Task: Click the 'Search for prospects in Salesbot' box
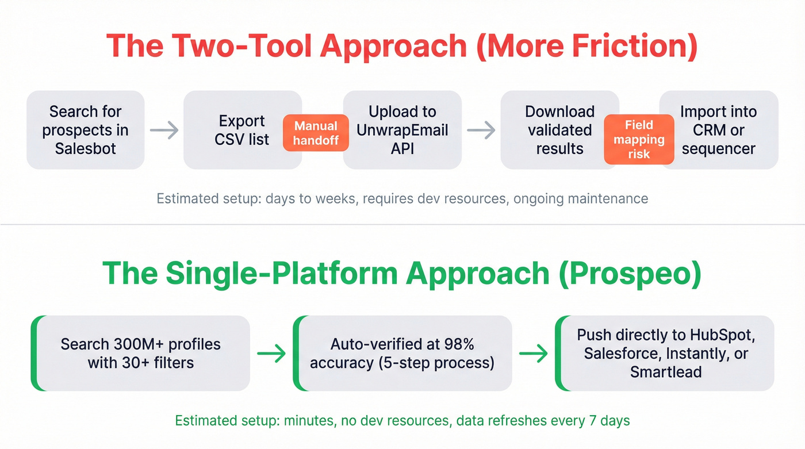pos(85,130)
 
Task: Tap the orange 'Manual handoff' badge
pos(316,133)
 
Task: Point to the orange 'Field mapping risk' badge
pos(639,140)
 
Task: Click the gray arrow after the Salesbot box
pos(164,131)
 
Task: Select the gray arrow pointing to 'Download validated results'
pos(481,131)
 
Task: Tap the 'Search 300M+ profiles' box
pos(141,353)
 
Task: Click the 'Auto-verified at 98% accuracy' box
pos(402,353)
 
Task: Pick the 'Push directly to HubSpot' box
pos(665,353)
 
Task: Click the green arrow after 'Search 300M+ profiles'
pos(271,354)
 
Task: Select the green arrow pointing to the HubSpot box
pos(533,354)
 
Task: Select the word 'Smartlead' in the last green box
pos(665,371)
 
